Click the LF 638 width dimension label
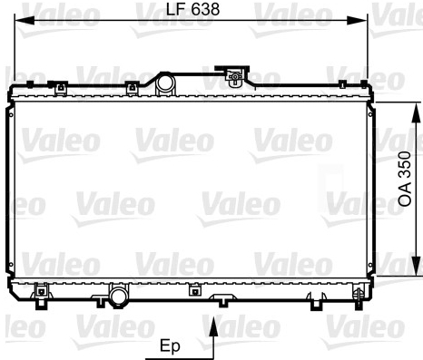(x=192, y=9)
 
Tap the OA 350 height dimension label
(x=405, y=180)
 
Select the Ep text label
(x=170, y=346)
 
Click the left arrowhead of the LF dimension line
(x=25, y=21)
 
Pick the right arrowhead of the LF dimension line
(x=357, y=21)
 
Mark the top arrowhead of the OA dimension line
(x=417, y=112)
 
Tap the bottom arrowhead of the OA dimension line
(x=417, y=266)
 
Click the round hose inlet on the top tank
(x=165, y=83)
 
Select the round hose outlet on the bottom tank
(x=119, y=297)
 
